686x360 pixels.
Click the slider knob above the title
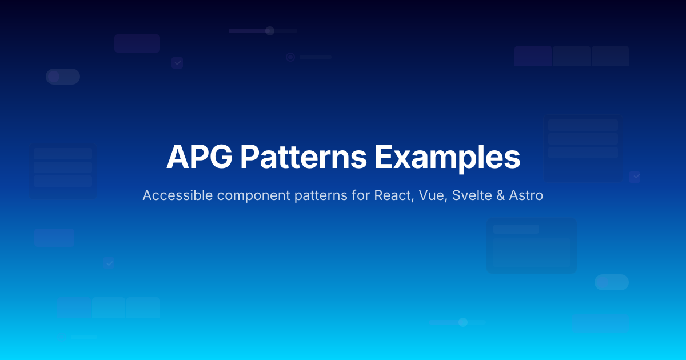tap(270, 31)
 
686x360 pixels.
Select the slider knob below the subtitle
tap(463, 322)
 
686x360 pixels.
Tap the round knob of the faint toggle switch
tap(54, 77)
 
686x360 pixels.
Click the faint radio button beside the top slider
tap(290, 57)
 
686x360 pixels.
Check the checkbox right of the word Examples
tap(635, 177)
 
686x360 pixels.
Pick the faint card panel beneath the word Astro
tap(532, 246)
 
